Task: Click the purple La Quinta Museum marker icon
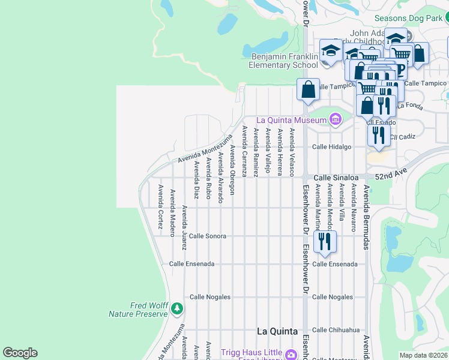[335, 120]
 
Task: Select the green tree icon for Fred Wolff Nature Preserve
[176, 308]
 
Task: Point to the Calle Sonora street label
[208, 236]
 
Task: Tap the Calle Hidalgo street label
[331, 147]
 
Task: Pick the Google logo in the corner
[20, 353]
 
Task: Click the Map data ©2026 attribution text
[423, 355]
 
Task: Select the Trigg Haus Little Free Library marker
[291, 353]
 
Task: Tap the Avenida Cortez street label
[160, 207]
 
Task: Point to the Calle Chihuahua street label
[336, 330]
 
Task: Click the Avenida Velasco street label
[292, 152]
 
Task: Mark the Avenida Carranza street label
[244, 151]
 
